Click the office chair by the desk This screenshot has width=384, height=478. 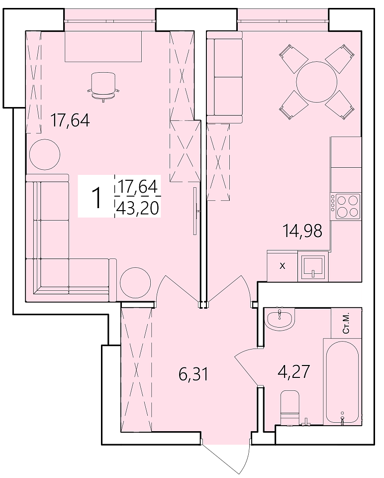coord(103,86)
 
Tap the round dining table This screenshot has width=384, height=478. coord(317,82)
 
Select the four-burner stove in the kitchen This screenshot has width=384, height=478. coord(346,206)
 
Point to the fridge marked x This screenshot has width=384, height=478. coord(282,266)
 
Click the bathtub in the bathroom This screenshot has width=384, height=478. coord(342,382)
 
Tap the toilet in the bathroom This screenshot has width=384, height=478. coord(290,407)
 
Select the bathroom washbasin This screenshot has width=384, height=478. coord(279,318)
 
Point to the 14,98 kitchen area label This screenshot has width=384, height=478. coord(302,231)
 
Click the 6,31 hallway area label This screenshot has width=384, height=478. coord(193,374)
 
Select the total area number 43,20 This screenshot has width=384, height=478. coord(138,209)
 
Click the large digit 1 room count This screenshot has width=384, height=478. coord(97,198)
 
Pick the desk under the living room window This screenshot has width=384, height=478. coord(103,46)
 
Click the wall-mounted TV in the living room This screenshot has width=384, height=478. coord(195,211)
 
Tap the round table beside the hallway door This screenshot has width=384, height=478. coord(135,283)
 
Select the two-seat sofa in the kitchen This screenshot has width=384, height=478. coord(224,77)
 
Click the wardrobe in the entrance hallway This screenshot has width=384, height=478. coord(136,369)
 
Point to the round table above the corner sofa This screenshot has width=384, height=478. coord(44,154)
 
